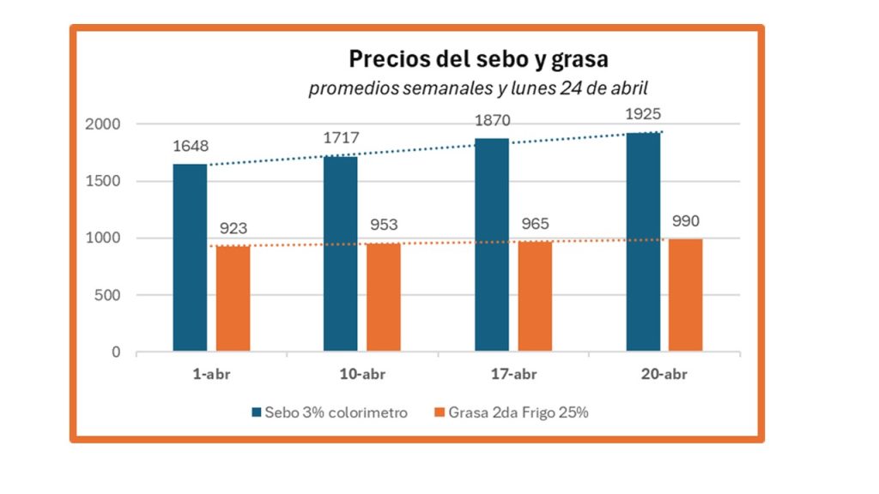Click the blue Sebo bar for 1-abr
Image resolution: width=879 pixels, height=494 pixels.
[190, 257]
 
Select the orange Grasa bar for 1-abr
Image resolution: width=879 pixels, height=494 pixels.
[233, 298]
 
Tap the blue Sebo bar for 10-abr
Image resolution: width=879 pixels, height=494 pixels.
[340, 254]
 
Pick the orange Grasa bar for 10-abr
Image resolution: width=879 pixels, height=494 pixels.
[384, 297]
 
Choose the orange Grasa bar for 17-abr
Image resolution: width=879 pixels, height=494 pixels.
[535, 296]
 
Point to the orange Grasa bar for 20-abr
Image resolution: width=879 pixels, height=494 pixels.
[686, 295]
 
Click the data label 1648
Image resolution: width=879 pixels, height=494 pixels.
[191, 147]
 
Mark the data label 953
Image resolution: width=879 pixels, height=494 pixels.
[385, 226]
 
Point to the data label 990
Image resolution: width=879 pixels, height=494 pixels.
[686, 221]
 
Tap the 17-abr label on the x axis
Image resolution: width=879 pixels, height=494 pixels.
[513, 375]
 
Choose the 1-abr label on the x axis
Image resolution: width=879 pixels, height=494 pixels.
[211, 375]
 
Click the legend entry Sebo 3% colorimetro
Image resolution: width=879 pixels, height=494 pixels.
[330, 413]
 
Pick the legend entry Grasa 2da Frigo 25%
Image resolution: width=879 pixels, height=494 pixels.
[512, 413]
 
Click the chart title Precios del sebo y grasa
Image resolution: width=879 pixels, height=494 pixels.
[478, 59]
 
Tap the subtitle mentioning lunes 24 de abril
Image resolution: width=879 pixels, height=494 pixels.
[478, 87]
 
